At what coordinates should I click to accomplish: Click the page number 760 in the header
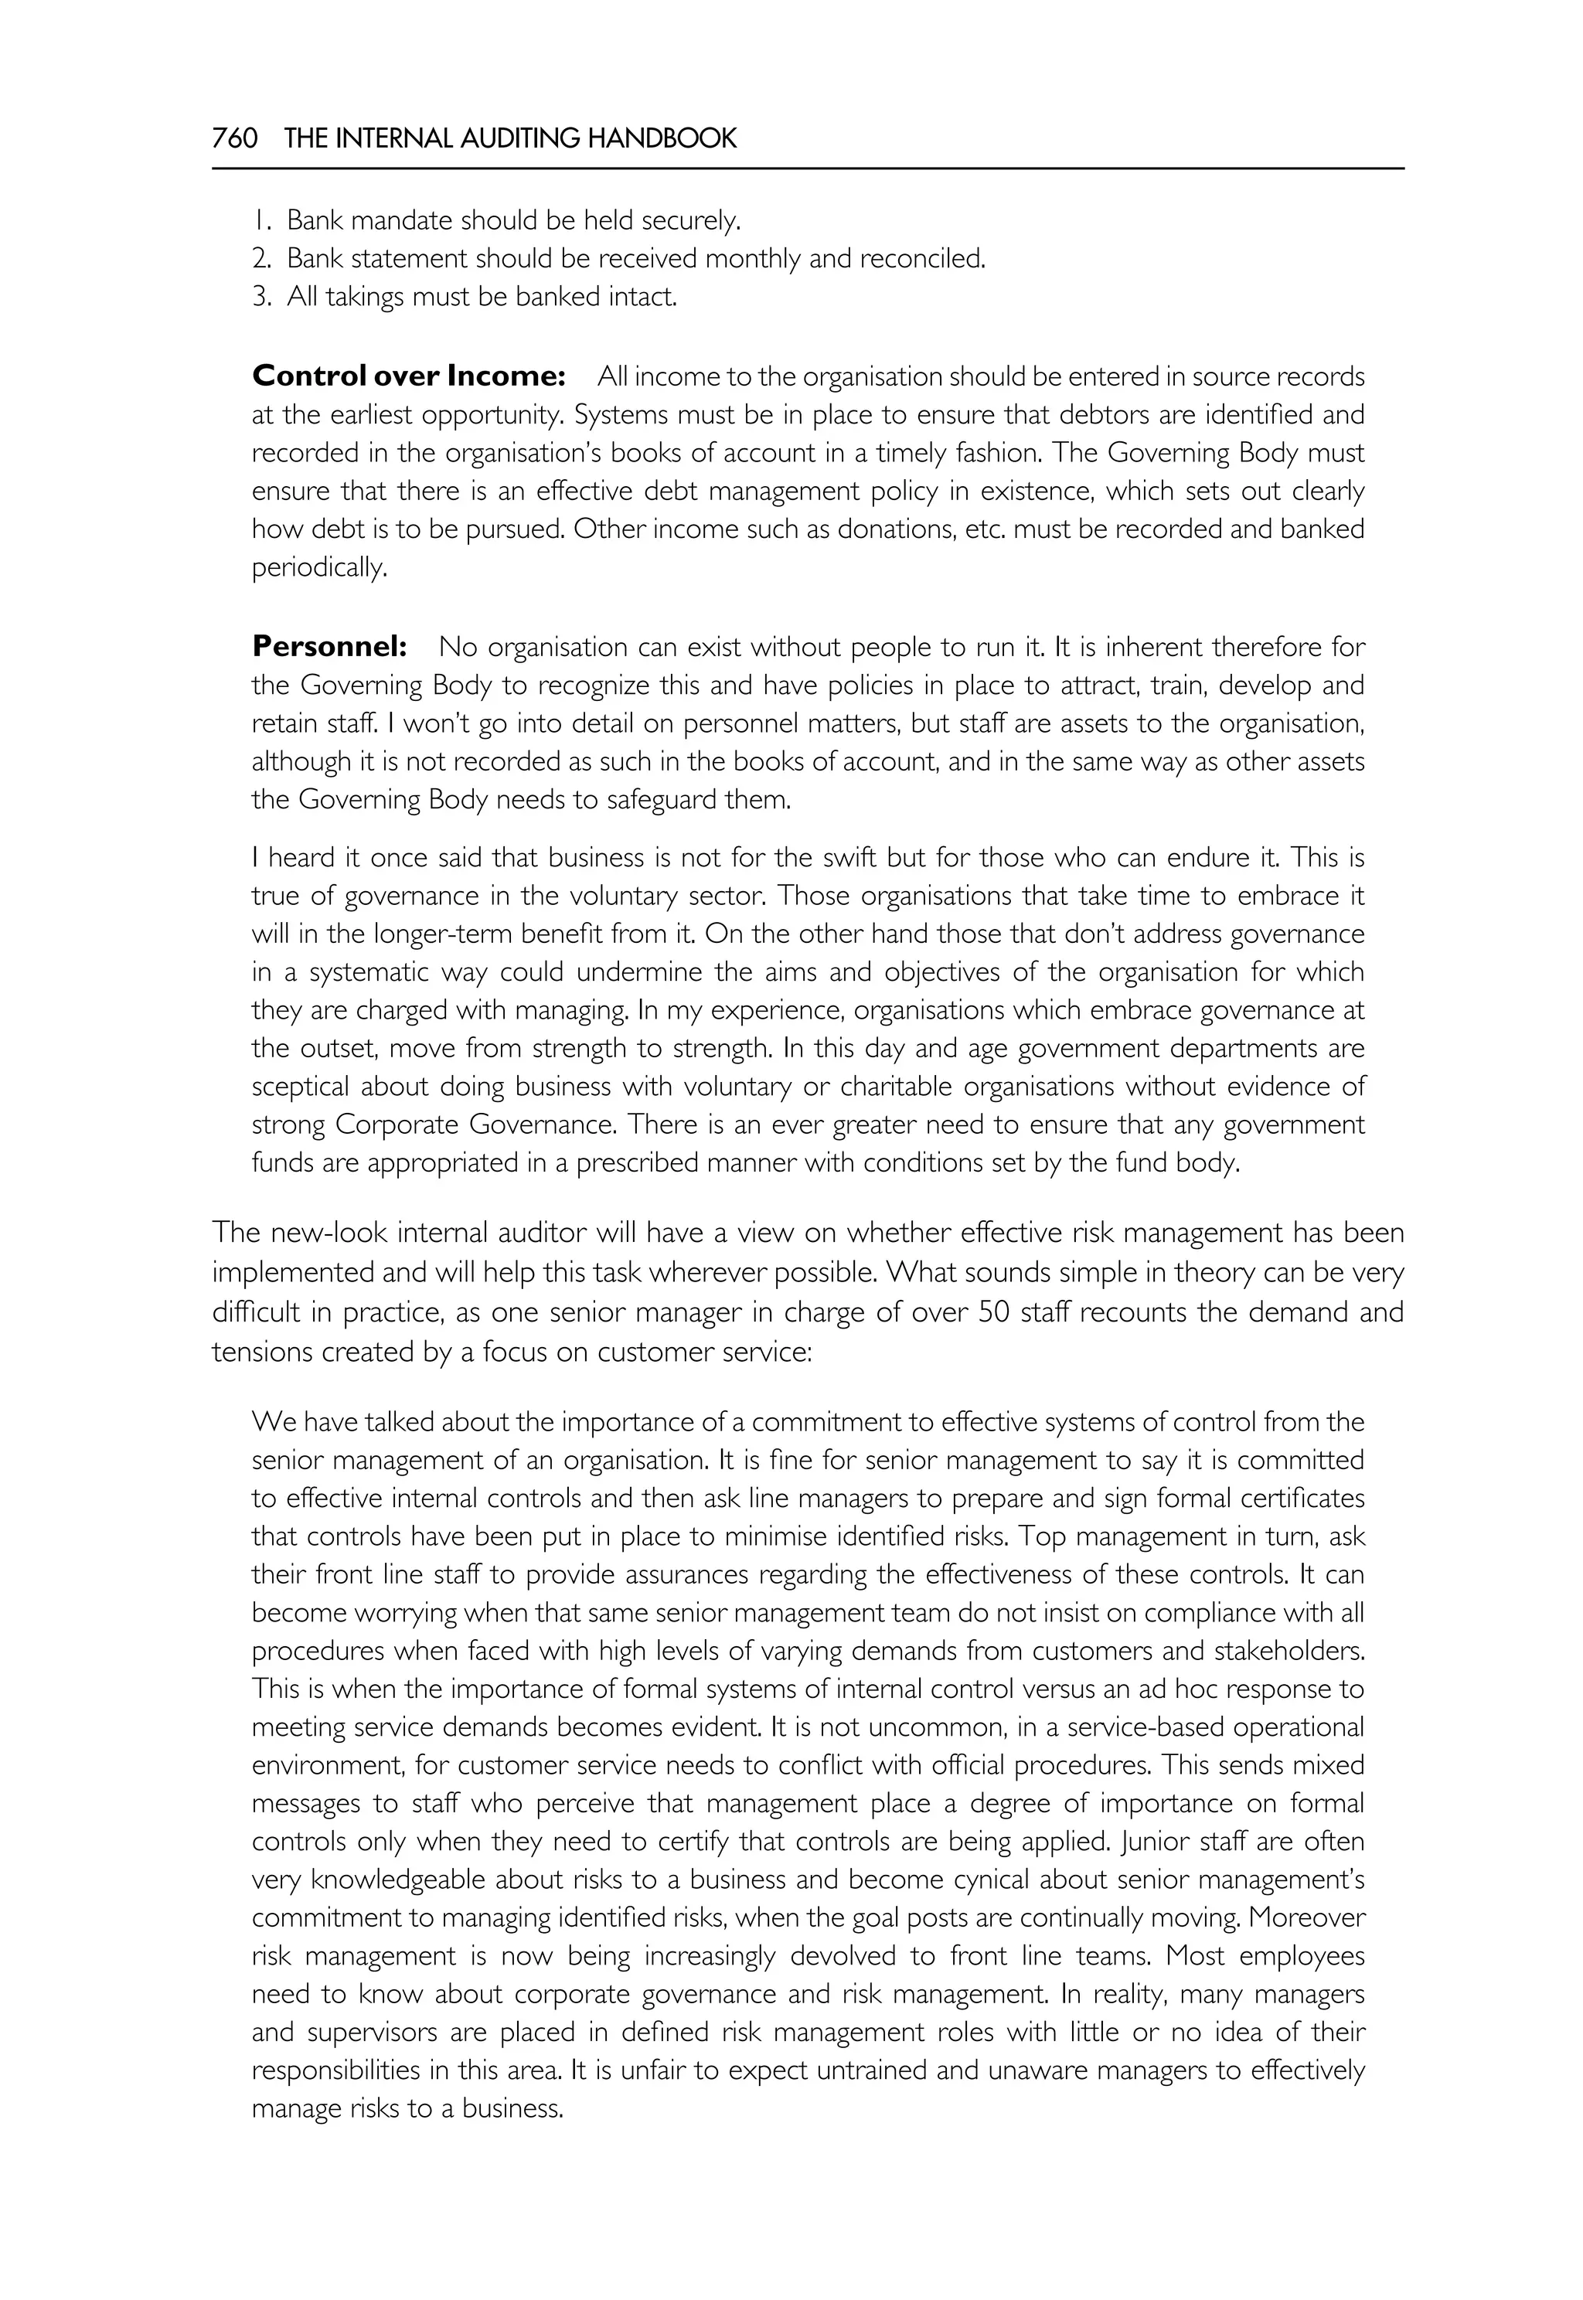(x=235, y=139)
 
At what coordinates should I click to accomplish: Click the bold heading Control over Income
(x=409, y=376)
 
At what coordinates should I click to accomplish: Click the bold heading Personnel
(x=329, y=647)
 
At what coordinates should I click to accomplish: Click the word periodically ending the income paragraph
(x=318, y=568)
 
